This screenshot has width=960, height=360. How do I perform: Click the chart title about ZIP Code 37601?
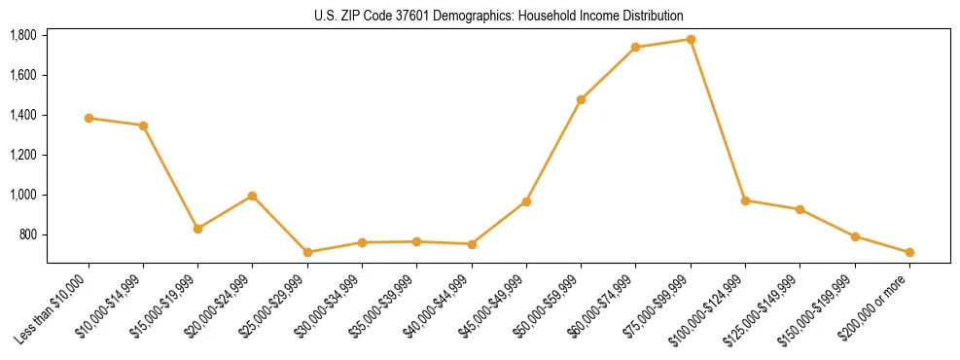(499, 16)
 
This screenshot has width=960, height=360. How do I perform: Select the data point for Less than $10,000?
(89, 118)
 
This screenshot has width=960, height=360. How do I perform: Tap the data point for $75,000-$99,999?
(691, 40)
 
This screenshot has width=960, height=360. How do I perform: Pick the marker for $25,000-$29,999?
(307, 252)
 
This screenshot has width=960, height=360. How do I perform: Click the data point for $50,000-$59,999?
(581, 99)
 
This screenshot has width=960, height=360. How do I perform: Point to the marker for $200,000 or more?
(909, 252)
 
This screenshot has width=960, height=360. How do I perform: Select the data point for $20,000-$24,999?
(252, 196)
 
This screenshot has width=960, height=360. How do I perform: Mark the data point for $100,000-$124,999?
(745, 200)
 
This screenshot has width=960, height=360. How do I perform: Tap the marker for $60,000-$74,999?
(635, 47)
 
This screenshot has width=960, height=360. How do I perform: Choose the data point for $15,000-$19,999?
(197, 229)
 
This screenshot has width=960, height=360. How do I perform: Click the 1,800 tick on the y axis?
(22, 35)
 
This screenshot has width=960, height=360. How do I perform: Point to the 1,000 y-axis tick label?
(22, 195)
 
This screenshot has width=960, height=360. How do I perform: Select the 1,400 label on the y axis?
(22, 115)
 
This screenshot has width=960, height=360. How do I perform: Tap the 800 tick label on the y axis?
(26, 234)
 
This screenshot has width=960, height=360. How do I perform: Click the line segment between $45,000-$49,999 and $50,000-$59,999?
(553, 151)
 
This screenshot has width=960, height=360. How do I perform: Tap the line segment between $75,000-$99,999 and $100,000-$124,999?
(718, 120)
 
